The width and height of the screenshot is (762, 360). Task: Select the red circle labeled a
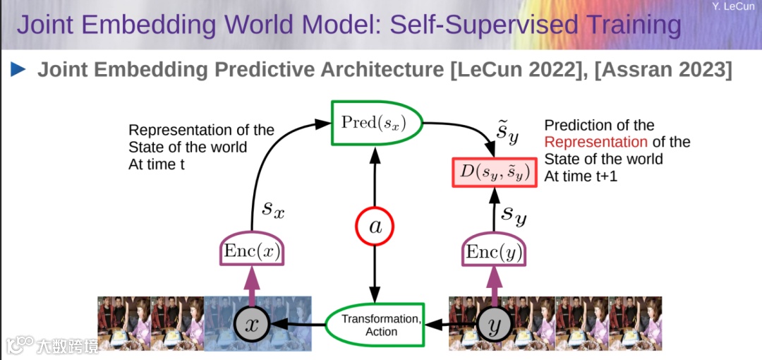point(374,226)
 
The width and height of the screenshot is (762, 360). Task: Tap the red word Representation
point(595,142)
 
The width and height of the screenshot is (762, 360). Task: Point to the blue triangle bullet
point(18,69)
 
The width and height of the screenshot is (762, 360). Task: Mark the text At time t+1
point(581,176)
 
